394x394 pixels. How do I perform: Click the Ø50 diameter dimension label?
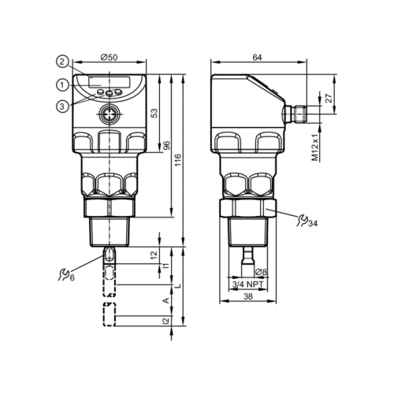point(109,58)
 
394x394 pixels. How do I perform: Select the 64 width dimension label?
point(257,58)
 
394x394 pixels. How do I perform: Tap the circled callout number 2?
point(62,62)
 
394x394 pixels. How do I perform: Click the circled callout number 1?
point(62,85)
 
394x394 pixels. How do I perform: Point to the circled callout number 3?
point(62,106)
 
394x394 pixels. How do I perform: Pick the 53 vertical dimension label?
point(155,113)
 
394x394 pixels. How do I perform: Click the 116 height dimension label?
point(178,161)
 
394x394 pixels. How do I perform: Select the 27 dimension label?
point(329,98)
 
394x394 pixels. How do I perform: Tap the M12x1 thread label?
point(315,147)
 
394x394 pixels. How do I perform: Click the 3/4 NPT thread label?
point(248,284)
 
